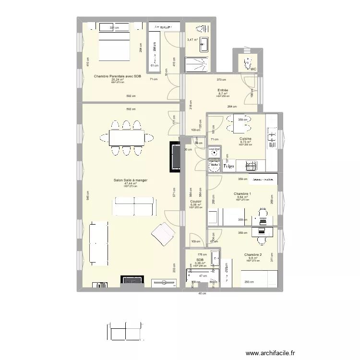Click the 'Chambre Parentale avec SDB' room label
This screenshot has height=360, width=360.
point(118,76)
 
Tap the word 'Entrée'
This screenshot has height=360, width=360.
point(223,90)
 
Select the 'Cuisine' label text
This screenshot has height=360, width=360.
point(245,138)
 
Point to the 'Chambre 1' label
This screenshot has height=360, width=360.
point(242,193)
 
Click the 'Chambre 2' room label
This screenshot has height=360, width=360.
point(252,255)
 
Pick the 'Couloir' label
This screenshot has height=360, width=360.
point(196,202)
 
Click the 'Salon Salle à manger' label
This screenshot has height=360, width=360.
point(130,180)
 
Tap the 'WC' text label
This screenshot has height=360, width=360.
point(253,70)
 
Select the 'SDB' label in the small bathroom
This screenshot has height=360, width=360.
point(200,260)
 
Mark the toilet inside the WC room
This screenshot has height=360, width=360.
point(249,63)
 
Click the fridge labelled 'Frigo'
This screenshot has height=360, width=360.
point(229,166)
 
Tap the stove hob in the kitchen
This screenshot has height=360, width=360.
point(251,166)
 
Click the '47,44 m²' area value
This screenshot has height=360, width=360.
point(130,184)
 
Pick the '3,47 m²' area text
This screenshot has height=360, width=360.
point(192,40)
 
